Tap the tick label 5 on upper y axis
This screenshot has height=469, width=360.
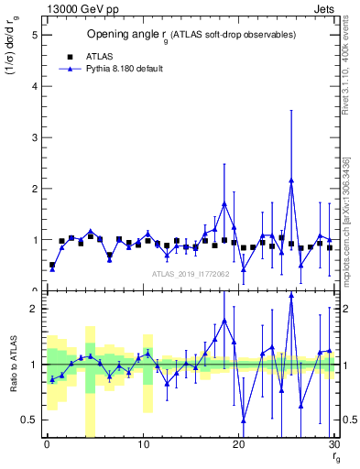[34, 35]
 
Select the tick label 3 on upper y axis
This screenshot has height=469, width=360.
[34, 137]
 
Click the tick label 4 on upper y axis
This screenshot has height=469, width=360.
[34, 86]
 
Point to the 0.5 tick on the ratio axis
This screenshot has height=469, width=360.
[28, 420]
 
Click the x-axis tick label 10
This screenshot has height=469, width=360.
[142, 445]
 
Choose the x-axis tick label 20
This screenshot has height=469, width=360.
[238, 445]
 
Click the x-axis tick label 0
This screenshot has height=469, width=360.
[47, 445]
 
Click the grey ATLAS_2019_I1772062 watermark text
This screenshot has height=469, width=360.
[191, 273]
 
